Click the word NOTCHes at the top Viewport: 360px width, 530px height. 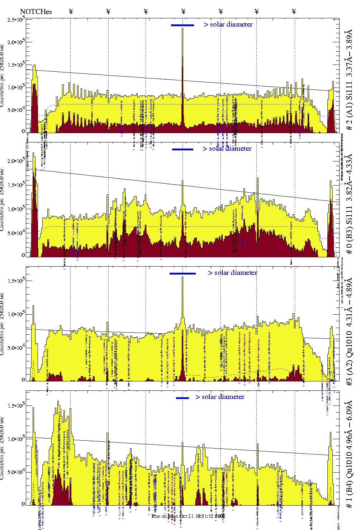click(36, 12)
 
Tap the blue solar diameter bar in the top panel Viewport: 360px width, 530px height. click(183, 25)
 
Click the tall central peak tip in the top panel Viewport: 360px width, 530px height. click(183, 29)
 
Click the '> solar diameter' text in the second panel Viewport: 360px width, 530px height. click(227, 149)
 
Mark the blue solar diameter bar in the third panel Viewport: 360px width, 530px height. click(183, 273)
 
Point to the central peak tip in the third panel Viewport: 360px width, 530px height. click(183, 277)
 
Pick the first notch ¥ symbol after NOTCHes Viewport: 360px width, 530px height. click(71, 11)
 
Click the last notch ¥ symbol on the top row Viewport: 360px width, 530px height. click(294, 11)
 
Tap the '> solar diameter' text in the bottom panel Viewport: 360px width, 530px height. click(220, 397)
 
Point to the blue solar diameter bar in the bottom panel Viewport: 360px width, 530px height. click(183, 398)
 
